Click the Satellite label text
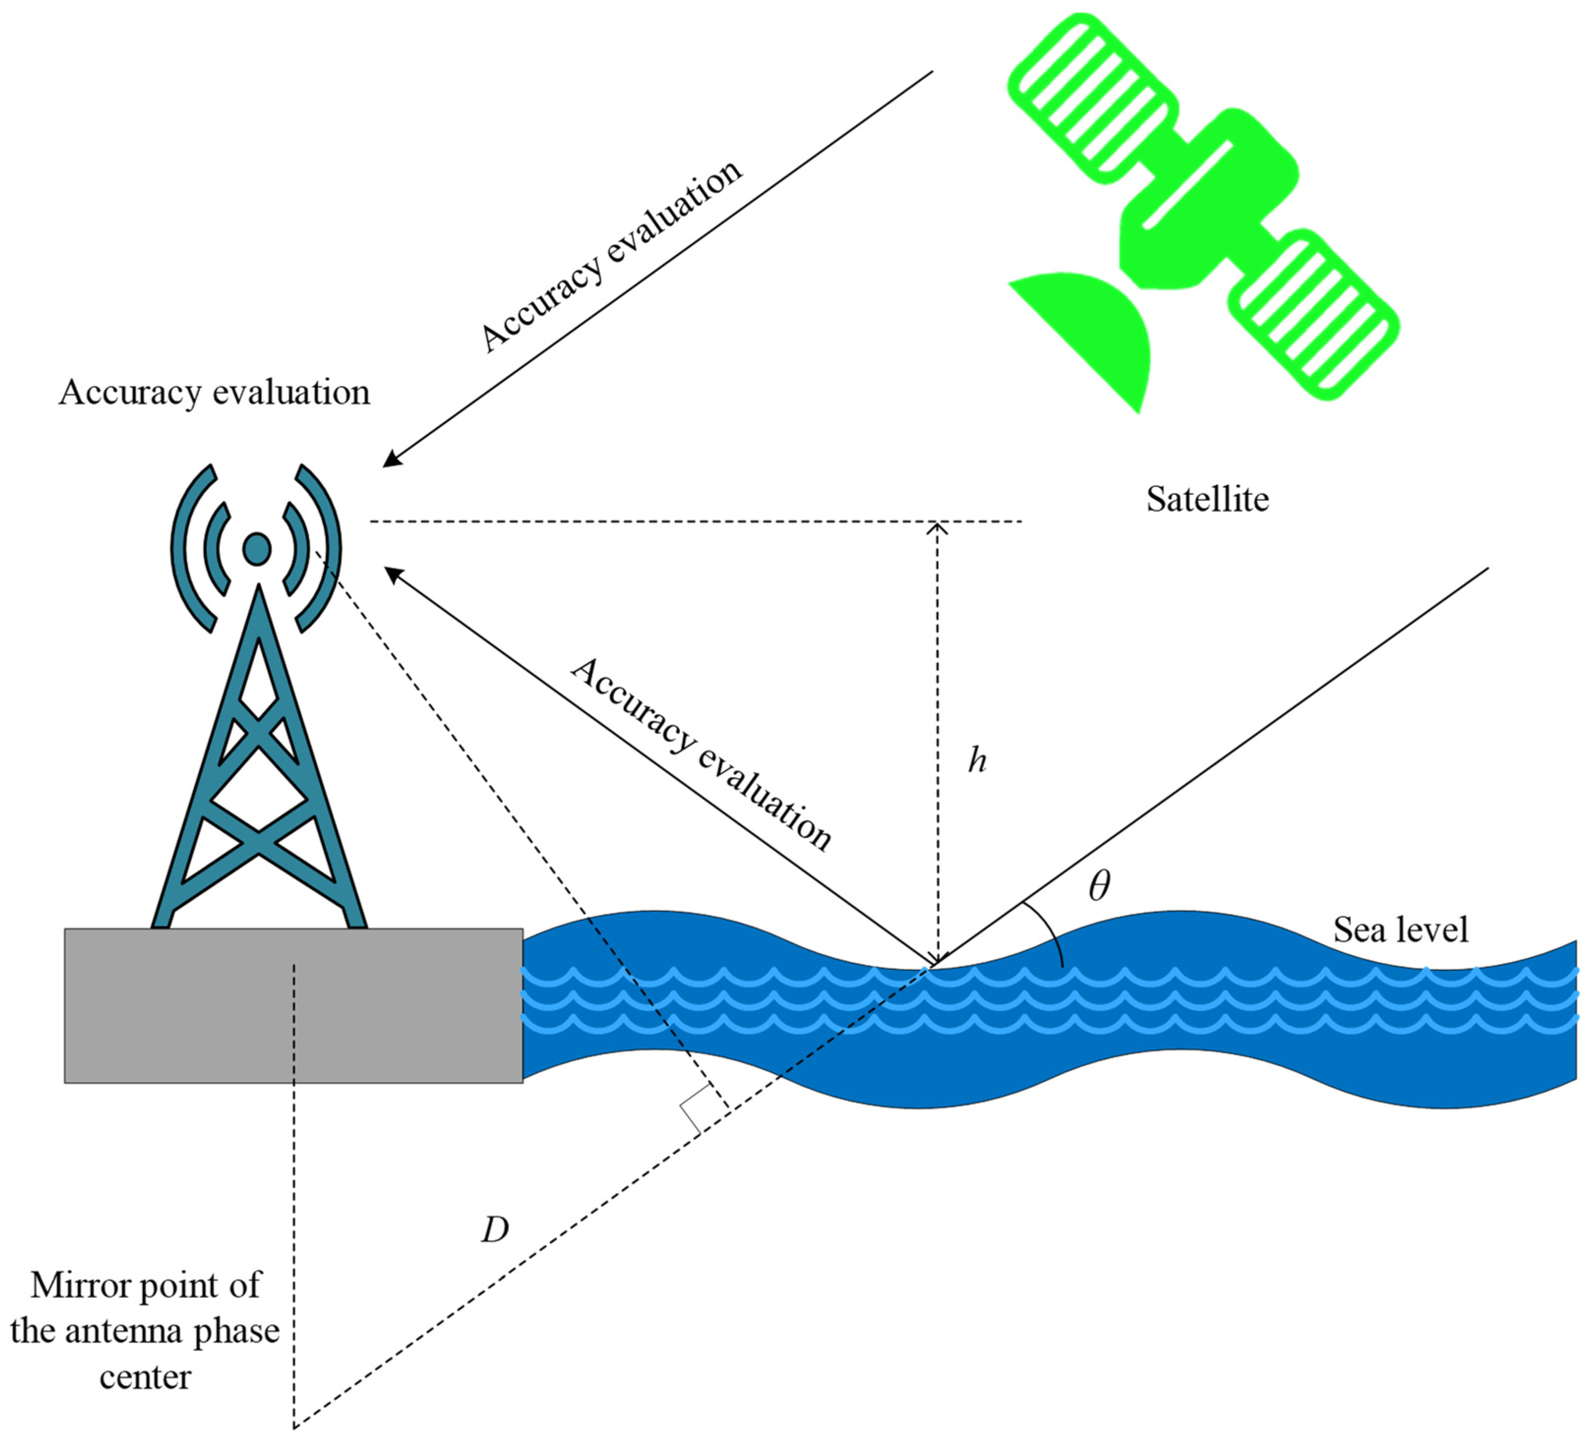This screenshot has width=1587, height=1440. tap(1207, 499)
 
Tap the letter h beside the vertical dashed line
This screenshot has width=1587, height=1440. tap(977, 760)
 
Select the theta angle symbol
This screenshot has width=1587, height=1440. tap(1099, 886)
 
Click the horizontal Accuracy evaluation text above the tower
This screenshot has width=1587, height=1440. tap(214, 392)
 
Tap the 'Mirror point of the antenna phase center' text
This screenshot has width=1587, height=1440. tap(146, 1330)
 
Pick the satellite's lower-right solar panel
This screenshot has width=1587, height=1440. tap(1315, 315)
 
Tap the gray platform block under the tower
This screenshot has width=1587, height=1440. tap(293, 1006)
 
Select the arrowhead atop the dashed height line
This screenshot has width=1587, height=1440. tap(937, 527)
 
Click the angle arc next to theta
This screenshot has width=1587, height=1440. tap(1051, 932)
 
